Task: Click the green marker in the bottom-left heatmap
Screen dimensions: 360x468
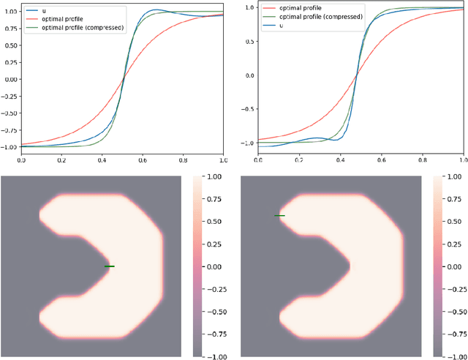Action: [110, 266]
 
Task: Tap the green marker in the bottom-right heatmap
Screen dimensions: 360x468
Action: [279, 216]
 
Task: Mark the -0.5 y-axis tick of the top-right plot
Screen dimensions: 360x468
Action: [246, 109]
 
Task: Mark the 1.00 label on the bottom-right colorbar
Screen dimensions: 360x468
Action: [456, 177]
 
